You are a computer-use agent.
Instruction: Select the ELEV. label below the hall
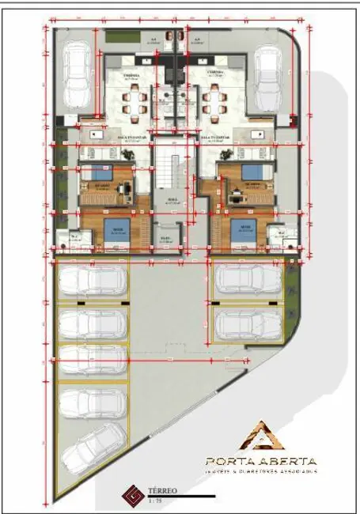pos(166,239)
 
